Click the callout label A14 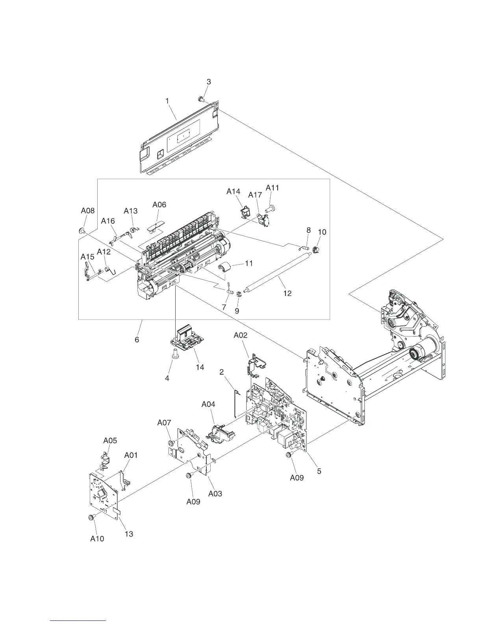(x=233, y=191)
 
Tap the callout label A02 (x=240, y=335)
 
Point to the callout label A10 (x=97, y=539)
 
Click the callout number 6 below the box (x=137, y=339)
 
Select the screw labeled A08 (x=82, y=231)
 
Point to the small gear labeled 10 (x=315, y=249)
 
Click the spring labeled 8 (x=304, y=247)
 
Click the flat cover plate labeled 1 (x=179, y=138)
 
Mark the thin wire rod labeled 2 (x=235, y=402)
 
